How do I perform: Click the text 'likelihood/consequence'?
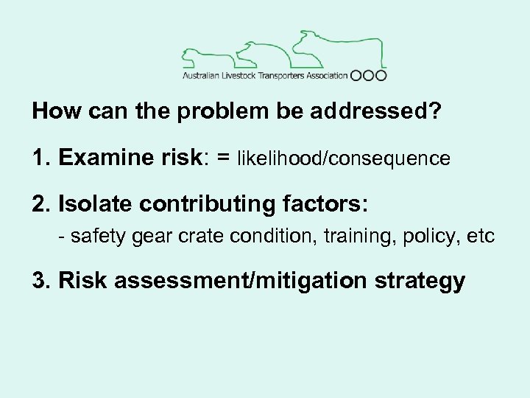click(x=344, y=158)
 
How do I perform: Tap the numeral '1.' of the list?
click(x=41, y=158)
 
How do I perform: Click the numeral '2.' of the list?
click(x=41, y=203)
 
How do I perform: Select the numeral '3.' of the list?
click(x=41, y=281)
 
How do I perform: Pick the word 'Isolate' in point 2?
click(x=91, y=203)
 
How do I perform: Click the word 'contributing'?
click(x=203, y=204)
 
